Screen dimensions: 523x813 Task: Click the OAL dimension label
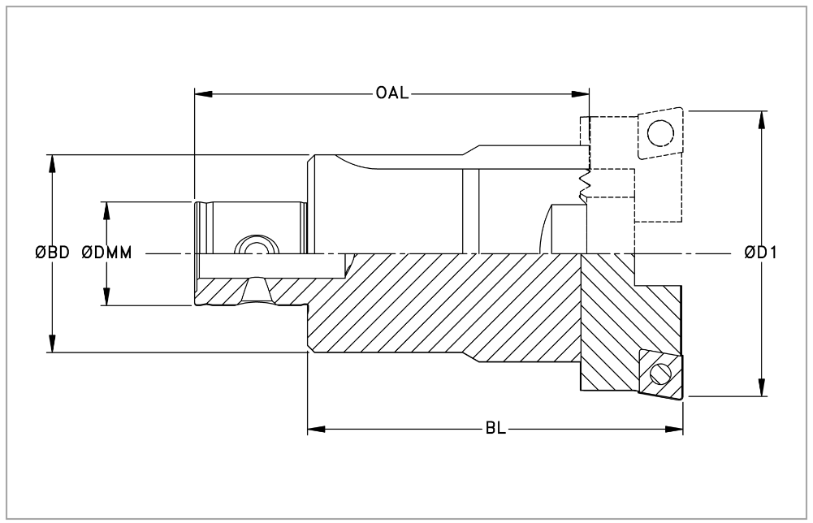(x=391, y=93)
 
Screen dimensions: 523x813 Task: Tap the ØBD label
(x=52, y=253)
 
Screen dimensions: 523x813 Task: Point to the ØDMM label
(x=106, y=253)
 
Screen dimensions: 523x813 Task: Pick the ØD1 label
(x=761, y=253)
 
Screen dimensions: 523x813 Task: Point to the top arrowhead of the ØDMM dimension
(x=106, y=209)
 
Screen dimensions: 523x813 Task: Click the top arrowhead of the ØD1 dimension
(x=761, y=117)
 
